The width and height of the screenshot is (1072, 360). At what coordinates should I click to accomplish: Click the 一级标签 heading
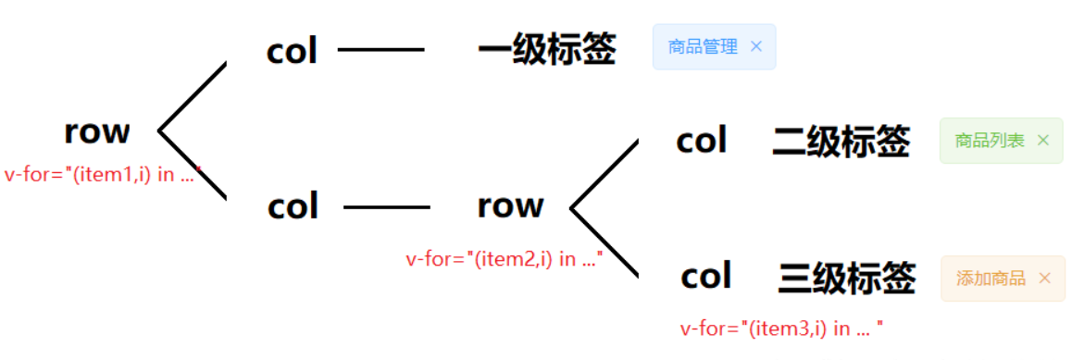546,49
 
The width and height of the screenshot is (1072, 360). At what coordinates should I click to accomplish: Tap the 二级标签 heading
841,142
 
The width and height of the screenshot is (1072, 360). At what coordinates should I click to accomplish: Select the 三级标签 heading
847,278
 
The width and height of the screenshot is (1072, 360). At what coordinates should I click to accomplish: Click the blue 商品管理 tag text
703,47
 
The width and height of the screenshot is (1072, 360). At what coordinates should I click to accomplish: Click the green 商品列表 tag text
990,141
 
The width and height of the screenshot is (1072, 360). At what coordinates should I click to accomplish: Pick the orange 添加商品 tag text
991,279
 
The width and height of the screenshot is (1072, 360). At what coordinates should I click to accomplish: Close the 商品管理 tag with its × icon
756,46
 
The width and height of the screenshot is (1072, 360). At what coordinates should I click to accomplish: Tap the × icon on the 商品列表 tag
1043,141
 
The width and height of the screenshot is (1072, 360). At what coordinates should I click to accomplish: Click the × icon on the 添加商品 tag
1045,278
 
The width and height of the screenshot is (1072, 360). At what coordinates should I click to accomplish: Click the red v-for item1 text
102,174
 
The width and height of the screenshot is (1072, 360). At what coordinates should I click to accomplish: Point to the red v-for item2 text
505,259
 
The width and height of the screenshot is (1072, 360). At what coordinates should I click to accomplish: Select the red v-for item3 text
781,328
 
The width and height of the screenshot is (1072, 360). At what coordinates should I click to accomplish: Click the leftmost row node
97,132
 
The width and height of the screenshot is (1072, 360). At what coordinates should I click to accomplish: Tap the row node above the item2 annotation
510,205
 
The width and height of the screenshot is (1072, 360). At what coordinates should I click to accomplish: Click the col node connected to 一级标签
292,52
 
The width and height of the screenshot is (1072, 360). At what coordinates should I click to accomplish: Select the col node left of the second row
293,206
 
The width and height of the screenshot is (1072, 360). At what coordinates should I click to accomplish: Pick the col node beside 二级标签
702,142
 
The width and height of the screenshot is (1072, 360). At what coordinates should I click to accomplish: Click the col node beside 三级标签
706,276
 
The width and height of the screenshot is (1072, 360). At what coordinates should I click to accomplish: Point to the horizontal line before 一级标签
380,50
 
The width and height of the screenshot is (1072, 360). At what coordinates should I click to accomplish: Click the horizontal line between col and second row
386,207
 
